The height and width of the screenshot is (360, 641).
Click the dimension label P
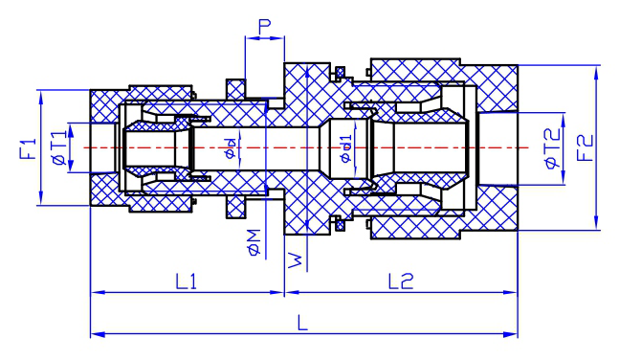tap(265, 27)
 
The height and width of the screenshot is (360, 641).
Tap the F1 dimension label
tap(28, 149)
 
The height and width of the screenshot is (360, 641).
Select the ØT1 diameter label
tap(59, 147)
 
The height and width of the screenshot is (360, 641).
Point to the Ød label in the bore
tap(231, 148)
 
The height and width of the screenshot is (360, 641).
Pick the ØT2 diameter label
tap(552, 148)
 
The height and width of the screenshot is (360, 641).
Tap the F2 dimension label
tap(585, 147)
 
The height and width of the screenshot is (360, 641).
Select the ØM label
tap(254, 242)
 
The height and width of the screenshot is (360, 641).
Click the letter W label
tap(295, 260)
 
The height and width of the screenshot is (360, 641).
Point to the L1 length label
tap(187, 281)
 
